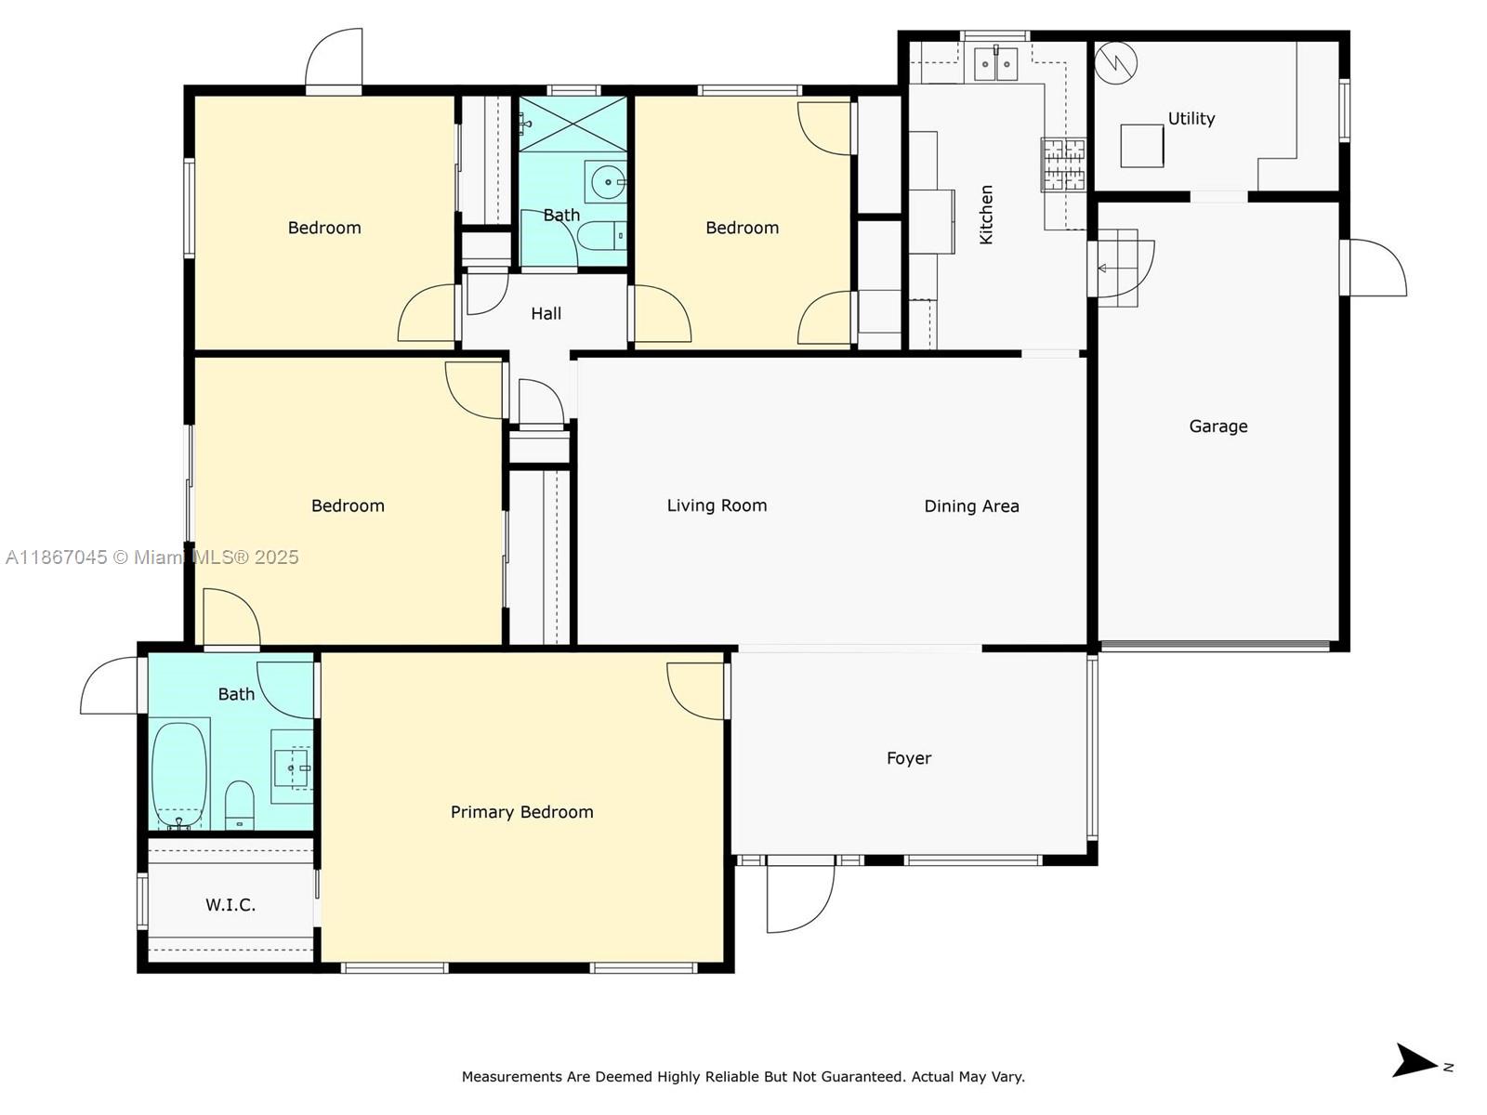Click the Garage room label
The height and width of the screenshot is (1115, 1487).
(x=1217, y=426)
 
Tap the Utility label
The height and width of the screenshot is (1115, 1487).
(x=1191, y=118)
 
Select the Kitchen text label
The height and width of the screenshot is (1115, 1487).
(x=986, y=215)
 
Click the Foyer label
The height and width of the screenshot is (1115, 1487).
(x=908, y=758)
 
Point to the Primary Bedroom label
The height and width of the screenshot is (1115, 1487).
(x=521, y=812)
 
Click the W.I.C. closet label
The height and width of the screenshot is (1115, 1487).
(x=230, y=904)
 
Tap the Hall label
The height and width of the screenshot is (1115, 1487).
(x=546, y=313)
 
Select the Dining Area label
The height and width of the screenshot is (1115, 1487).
(x=971, y=506)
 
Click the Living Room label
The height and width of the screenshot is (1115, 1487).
(x=717, y=505)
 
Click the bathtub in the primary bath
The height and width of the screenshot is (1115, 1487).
(x=178, y=773)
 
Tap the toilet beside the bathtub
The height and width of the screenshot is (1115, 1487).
(x=240, y=805)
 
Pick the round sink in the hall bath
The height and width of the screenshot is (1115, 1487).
(x=609, y=182)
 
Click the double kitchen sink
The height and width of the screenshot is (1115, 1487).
(x=995, y=63)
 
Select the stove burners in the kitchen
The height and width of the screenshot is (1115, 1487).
(x=1063, y=164)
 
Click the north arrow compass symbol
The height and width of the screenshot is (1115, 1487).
(x=1416, y=1060)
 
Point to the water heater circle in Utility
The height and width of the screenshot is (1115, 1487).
(x=1115, y=62)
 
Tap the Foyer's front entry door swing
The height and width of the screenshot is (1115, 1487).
(x=798, y=897)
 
